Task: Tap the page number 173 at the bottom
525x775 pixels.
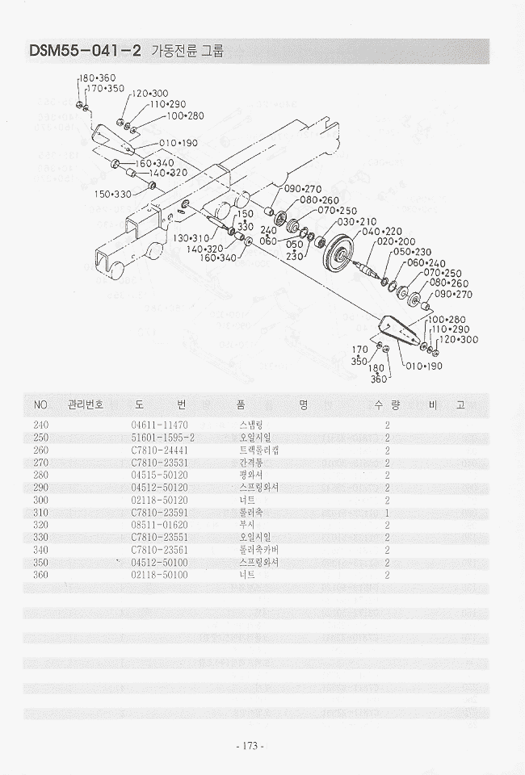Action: (248, 746)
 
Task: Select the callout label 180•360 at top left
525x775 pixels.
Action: (97, 77)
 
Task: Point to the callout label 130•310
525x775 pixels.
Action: (190, 238)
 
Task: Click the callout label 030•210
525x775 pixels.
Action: (356, 221)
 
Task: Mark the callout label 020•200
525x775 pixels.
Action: (396, 242)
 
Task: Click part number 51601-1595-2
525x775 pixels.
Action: (163, 438)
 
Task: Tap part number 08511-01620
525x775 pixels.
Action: (159, 524)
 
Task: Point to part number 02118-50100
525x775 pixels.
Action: (159, 575)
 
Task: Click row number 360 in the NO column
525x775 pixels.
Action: (40, 575)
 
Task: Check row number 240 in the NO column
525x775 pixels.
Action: (40, 424)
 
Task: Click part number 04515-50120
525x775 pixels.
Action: (159, 475)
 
